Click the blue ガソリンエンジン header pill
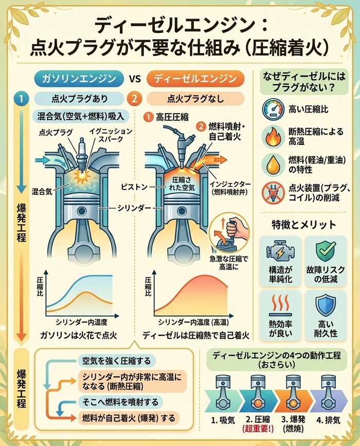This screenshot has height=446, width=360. (x=79, y=79)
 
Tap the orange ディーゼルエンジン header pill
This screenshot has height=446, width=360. (x=191, y=79)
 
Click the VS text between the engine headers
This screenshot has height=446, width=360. (x=135, y=79)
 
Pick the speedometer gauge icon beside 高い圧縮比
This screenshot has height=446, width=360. (x=271, y=109)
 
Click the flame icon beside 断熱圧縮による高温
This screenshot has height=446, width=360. (x=271, y=137)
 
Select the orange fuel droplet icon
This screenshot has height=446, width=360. (x=271, y=164)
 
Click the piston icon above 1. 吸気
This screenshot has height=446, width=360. (x=224, y=391)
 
